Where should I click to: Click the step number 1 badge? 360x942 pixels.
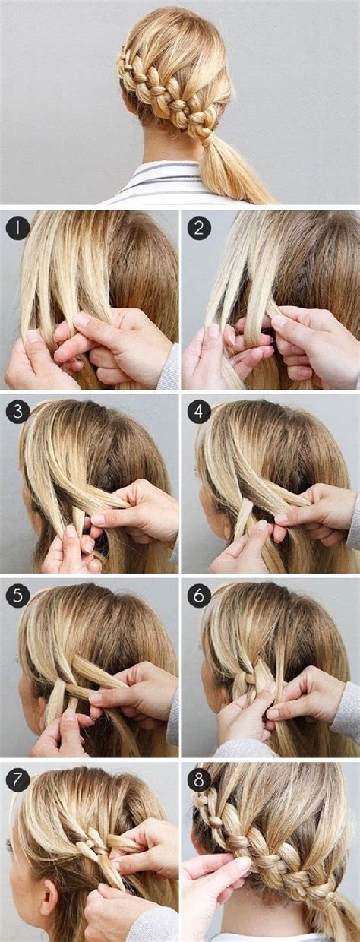16,226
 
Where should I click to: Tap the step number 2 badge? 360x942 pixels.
199,226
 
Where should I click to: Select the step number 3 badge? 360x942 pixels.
16,413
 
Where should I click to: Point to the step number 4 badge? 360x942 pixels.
199,413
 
